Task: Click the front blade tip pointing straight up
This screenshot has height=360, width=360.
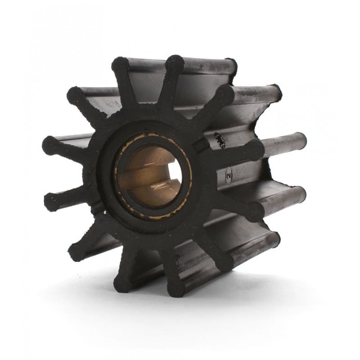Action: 174,63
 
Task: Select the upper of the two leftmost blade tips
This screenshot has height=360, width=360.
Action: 50,145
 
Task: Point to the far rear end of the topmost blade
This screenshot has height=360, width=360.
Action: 232,65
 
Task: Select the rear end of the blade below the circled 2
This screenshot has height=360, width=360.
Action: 299,193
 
